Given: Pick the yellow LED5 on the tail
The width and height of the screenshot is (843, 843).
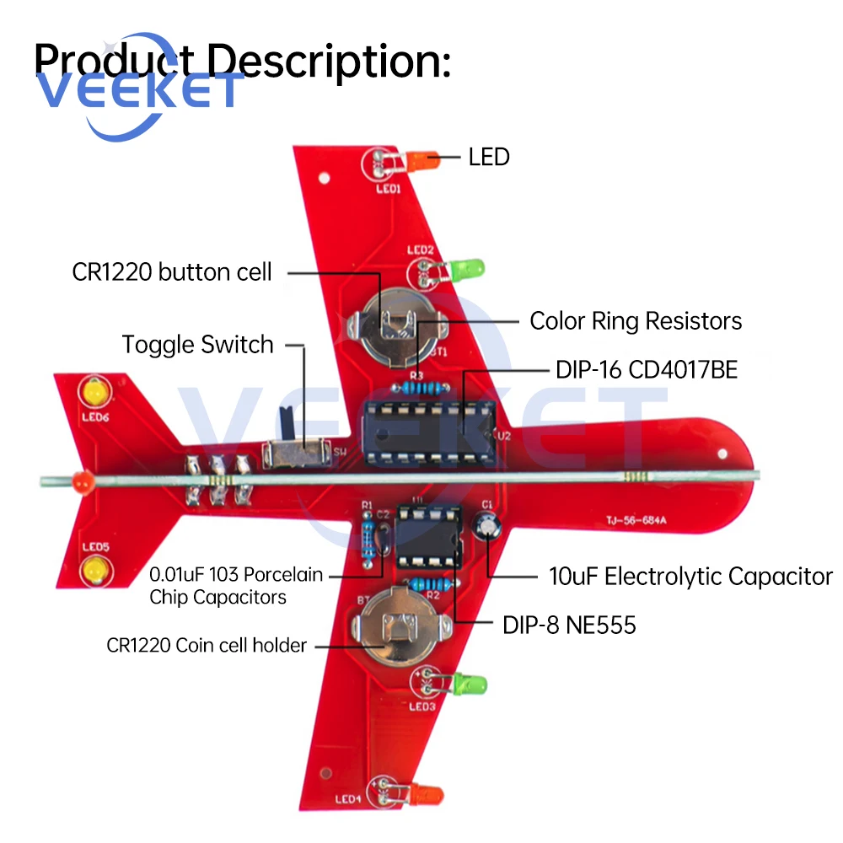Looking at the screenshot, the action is [x=95, y=571].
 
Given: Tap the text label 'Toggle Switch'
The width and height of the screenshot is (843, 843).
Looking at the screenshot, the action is [x=197, y=345].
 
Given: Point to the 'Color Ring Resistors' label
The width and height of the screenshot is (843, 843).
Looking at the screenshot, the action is [x=636, y=321].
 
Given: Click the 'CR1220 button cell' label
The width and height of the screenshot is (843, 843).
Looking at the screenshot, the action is [x=173, y=272].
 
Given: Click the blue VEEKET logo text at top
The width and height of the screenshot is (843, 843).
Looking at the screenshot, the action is [x=139, y=90].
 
